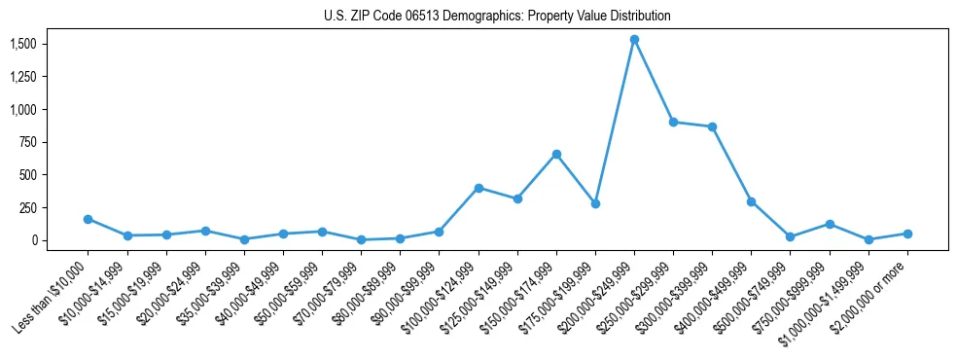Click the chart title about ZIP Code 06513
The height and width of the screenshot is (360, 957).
pyautogui.click(x=497, y=17)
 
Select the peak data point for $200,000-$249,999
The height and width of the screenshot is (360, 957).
pyautogui.click(x=634, y=40)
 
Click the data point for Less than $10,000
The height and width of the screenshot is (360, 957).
pyautogui.click(x=88, y=219)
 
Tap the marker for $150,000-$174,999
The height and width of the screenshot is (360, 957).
pyautogui.click(x=556, y=154)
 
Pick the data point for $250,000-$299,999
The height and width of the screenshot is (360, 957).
pyautogui.click(x=673, y=123)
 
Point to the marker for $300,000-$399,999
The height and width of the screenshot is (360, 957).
pyautogui.click(x=712, y=126)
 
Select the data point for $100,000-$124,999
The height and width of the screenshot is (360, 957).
pyautogui.click(x=478, y=188)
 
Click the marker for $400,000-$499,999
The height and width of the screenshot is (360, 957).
pyautogui.click(x=751, y=201)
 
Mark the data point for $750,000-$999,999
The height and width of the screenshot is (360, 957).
pyautogui.click(x=830, y=224)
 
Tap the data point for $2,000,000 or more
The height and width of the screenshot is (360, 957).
pyautogui.click(x=907, y=234)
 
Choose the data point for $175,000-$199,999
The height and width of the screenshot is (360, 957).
pyautogui.click(x=595, y=203)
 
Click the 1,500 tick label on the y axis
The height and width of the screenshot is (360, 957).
pyautogui.click(x=23, y=44)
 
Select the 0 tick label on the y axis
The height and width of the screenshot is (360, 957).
pyautogui.click(x=33, y=240)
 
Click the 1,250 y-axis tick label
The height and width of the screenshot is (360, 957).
pyautogui.click(x=23, y=77)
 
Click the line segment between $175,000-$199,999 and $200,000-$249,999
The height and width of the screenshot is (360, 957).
pyautogui.click(x=615, y=122)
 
